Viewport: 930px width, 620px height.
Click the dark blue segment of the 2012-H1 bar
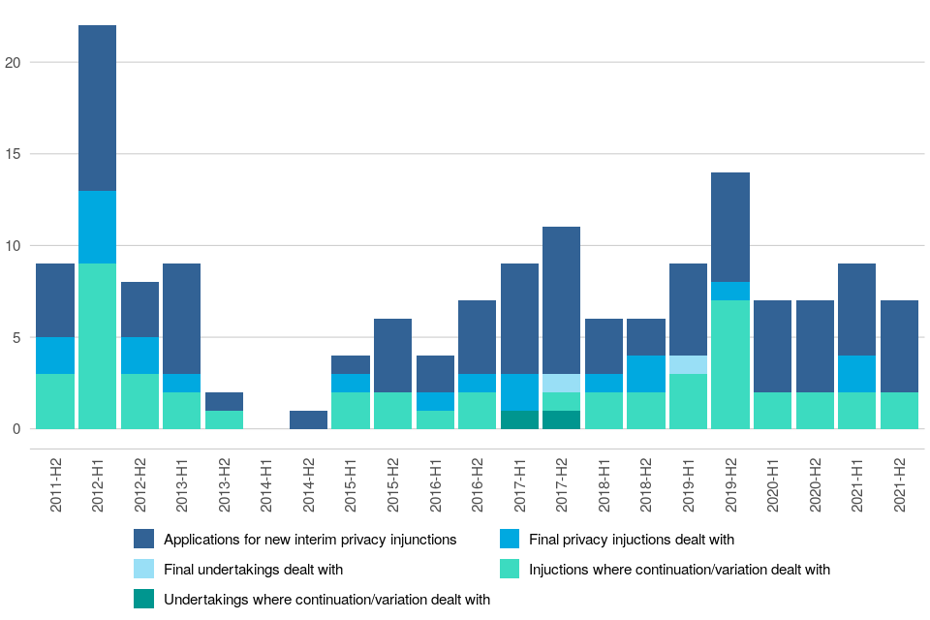[x=97, y=108]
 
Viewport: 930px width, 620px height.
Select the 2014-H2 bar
[x=308, y=419]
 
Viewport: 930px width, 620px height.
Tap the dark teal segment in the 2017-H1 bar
[x=519, y=419]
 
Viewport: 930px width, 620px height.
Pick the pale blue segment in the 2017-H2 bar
[x=562, y=383]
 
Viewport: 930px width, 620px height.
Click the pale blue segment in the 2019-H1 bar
[x=688, y=364]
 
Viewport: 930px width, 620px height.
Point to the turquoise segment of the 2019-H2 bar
[x=730, y=364]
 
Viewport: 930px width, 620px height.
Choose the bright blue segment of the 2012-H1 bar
[x=97, y=227]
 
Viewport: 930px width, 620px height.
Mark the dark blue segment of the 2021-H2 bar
[x=899, y=346]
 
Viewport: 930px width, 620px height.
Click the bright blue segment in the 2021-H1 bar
[x=857, y=374]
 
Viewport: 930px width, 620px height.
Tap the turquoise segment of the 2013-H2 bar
[x=224, y=419]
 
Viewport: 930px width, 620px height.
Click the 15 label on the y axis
[x=13, y=154]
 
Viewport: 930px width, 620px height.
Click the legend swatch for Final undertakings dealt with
[x=144, y=569]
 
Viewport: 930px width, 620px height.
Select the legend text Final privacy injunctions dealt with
[x=632, y=539]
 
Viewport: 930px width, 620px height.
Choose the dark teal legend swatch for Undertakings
[x=144, y=599]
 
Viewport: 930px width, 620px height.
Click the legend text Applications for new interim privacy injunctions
[x=310, y=539]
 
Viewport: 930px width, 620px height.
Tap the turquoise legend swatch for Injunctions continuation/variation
[x=509, y=569]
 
